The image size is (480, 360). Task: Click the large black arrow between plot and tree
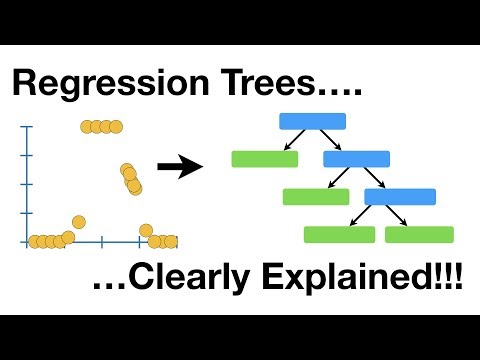pyautogui.click(x=179, y=167)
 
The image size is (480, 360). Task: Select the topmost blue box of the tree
pyautogui.click(x=312, y=121)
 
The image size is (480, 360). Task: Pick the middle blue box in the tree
pyautogui.click(x=356, y=158)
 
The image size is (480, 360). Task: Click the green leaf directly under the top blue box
pyautogui.click(x=264, y=158)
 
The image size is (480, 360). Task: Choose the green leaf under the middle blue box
pyautogui.click(x=315, y=196)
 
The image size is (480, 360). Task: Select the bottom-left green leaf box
pyautogui.click(x=339, y=234)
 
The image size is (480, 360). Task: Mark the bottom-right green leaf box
pyautogui.click(x=419, y=234)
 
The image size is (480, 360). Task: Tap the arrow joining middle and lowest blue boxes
pyautogui.click(x=377, y=177)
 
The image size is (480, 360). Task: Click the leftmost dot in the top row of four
pyautogui.click(x=87, y=126)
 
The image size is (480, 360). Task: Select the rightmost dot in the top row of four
pyautogui.click(x=115, y=126)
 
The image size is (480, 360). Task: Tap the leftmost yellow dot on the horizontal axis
pyautogui.click(x=35, y=241)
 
